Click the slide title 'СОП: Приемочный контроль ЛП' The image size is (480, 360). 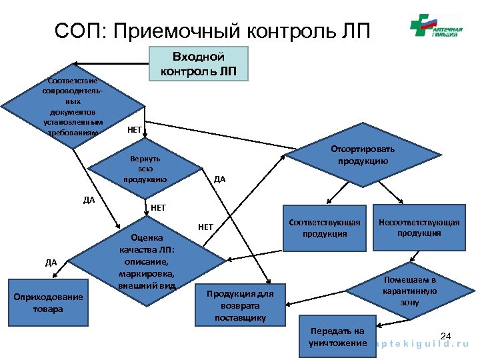tap(211, 31)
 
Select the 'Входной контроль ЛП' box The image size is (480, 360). tap(199, 63)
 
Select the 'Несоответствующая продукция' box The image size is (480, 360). tap(419, 227)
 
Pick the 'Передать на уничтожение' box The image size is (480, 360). tap(337, 337)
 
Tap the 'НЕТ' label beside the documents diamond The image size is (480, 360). tap(134, 129)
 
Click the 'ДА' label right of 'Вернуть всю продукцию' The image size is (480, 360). tap(219, 179)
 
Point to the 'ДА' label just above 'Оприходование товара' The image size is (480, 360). tap(51, 262)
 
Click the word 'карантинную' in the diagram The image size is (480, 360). tap(409, 291)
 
